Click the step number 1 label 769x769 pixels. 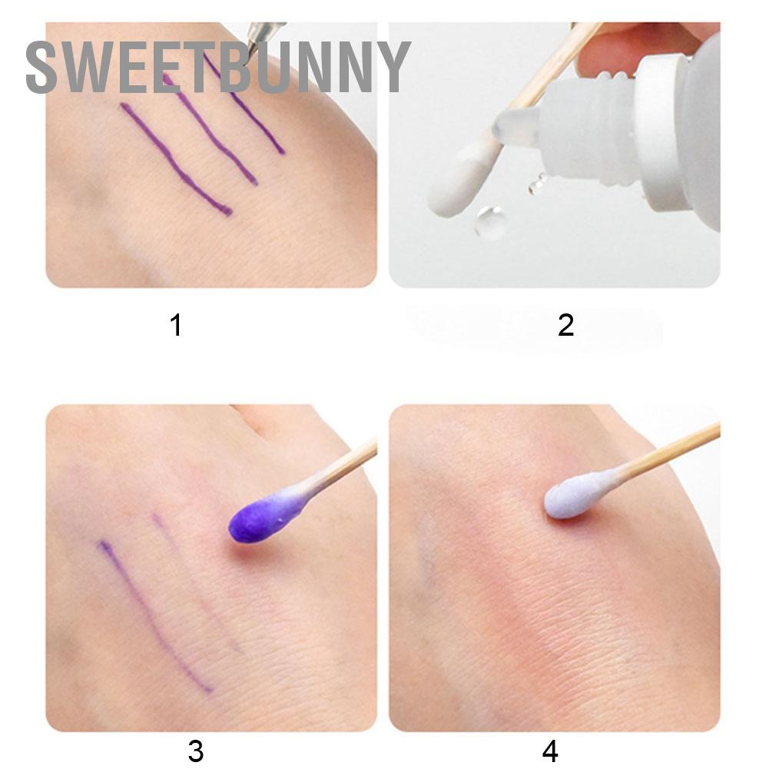[x=176, y=326]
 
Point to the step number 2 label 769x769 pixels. [x=566, y=326]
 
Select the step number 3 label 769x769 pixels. [x=195, y=751]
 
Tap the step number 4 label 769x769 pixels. [x=550, y=751]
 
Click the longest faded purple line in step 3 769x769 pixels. [x=154, y=615]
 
